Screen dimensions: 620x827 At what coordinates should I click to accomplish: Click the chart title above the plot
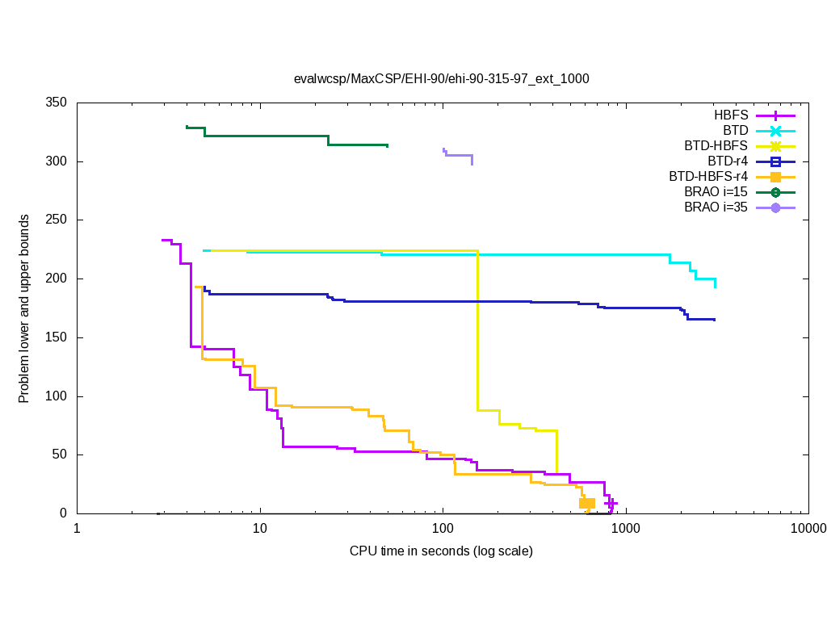point(441,79)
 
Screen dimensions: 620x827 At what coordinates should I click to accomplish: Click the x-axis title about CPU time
point(441,551)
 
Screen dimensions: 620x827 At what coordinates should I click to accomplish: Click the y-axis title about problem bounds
point(25,308)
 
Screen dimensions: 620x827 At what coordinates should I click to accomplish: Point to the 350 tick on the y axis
point(56,103)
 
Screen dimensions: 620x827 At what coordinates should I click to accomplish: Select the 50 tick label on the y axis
point(59,455)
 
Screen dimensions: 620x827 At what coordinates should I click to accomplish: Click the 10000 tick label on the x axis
point(808,529)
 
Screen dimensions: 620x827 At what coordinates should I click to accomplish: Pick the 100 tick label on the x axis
point(443,529)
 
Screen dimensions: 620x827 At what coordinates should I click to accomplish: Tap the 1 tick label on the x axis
point(77,529)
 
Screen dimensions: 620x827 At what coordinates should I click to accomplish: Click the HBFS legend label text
point(730,115)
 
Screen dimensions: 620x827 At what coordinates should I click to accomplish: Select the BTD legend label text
point(736,131)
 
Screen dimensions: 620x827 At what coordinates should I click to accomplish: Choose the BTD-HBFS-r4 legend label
point(708,177)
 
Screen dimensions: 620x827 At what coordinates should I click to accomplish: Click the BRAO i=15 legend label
point(716,192)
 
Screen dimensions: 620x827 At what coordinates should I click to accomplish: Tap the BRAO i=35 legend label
point(716,207)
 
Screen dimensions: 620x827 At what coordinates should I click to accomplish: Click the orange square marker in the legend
point(775,177)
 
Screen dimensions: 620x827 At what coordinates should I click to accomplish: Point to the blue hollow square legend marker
point(775,161)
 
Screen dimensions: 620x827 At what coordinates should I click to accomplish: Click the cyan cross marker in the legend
point(775,131)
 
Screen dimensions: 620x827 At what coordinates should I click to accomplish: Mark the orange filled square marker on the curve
point(587,504)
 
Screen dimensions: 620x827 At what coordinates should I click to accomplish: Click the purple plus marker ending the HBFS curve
point(611,503)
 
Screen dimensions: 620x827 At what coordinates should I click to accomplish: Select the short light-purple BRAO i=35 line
point(459,155)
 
